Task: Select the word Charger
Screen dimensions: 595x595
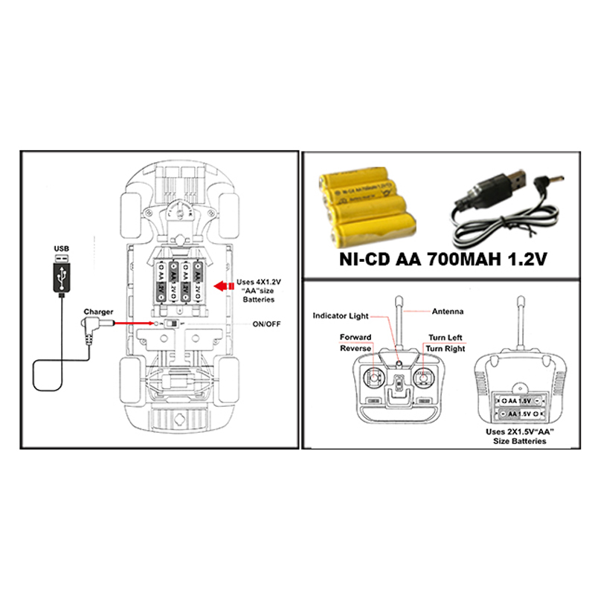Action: (x=98, y=312)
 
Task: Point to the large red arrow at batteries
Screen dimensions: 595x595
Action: (x=220, y=286)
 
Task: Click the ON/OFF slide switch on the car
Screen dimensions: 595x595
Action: (x=171, y=324)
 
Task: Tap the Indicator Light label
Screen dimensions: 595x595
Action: (x=339, y=315)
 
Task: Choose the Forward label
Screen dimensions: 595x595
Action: (x=356, y=337)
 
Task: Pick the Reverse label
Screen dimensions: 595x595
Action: (x=356, y=348)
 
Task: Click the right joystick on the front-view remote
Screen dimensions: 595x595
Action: (x=423, y=379)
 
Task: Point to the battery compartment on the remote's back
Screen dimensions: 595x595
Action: (x=520, y=406)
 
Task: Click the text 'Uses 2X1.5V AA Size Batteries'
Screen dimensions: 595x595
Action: (x=520, y=436)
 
